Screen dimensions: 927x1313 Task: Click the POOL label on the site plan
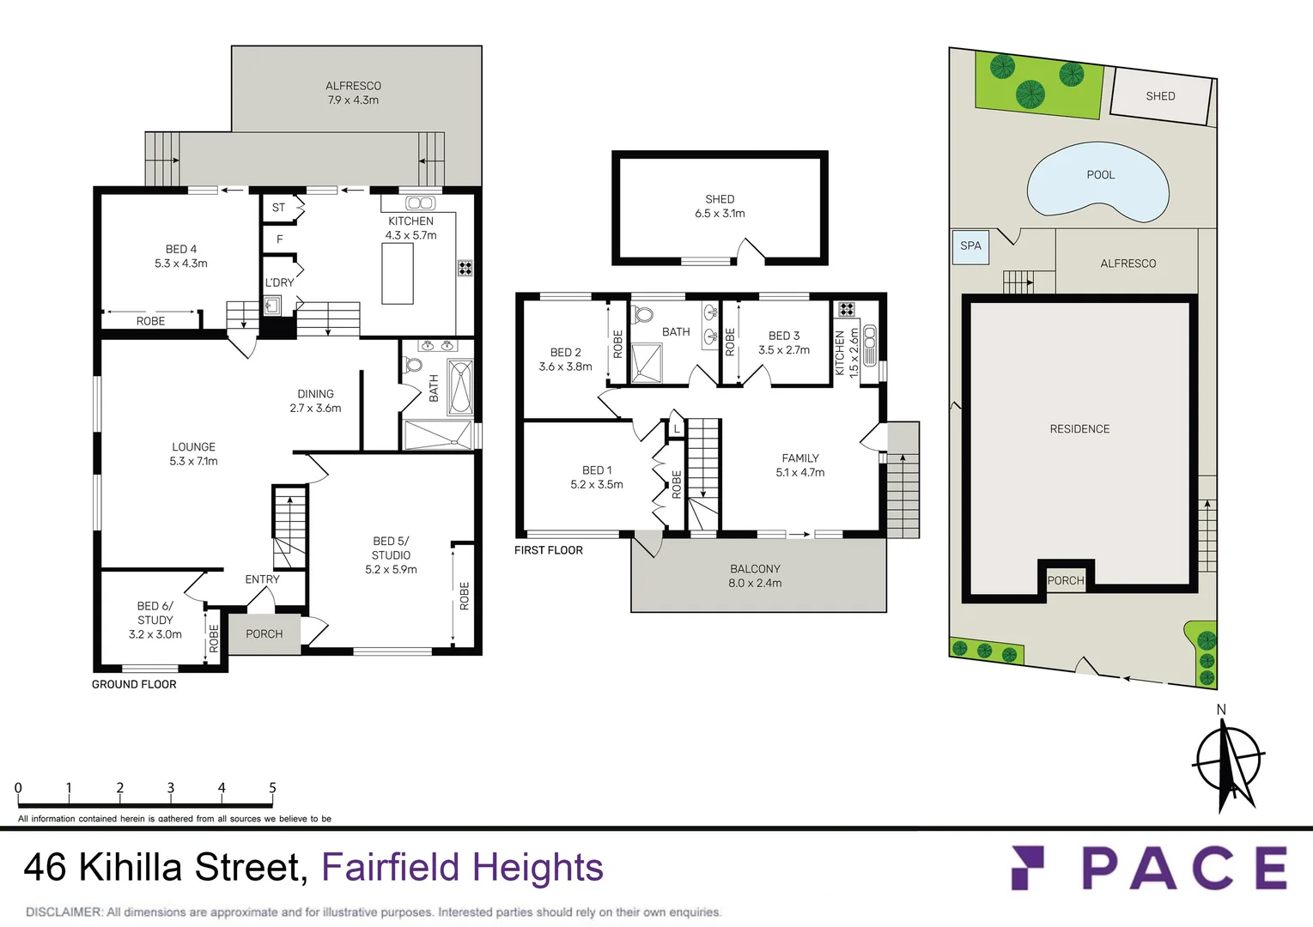1100,175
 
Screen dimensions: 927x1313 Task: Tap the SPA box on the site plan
970,246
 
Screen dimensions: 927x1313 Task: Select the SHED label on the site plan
1160,96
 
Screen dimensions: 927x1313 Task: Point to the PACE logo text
1183,868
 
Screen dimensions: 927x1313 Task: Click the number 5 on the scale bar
272,788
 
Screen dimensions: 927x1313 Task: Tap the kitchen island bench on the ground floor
398,274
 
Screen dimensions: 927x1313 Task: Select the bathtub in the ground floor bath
460,388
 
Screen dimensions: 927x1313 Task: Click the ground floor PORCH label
264,634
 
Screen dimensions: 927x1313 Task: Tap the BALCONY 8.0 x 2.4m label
755,576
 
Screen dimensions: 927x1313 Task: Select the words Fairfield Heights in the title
462,867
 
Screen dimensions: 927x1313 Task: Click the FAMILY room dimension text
799,473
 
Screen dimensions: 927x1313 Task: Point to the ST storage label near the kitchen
278,208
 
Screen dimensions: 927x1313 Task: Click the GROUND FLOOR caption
134,684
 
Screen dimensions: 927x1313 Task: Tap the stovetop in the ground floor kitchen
465,268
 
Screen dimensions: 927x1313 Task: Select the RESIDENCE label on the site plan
1079,429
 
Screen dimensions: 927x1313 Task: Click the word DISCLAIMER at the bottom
64,912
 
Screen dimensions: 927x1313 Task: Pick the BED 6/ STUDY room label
155,620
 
